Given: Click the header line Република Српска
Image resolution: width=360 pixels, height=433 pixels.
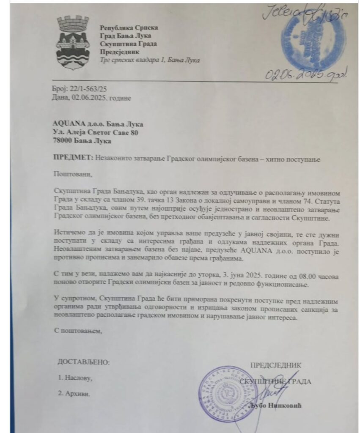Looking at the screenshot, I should click(129, 27).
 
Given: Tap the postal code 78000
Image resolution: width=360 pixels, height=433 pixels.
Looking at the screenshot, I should click(63, 140).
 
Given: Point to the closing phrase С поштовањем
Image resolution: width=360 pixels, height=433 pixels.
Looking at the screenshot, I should click(78, 330).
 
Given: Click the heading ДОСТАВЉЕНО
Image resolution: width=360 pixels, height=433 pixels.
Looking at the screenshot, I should click(83, 362).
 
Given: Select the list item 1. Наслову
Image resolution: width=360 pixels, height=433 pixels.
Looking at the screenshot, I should click(75, 378).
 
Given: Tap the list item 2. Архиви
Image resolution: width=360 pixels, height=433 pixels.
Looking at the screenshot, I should click(74, 393).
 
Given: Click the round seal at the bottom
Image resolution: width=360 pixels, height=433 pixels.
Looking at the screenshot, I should click(224, 393).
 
